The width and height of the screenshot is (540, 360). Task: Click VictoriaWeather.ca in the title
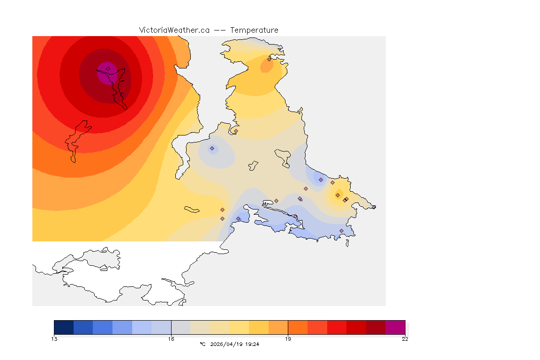(x=174, y=30)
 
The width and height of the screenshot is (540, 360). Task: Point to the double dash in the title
(x=220, y=30)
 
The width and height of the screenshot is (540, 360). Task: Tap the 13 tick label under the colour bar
(x=54, y=339)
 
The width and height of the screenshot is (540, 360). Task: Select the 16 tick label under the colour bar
(x=171, y=339)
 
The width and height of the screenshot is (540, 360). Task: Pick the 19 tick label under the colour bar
(x=288, y=339)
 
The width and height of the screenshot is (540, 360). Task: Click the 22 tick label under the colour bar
(x=405, y=339)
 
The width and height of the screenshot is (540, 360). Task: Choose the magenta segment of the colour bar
(x=395, y=327)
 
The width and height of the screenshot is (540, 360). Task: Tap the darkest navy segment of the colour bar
(x=64, y=327)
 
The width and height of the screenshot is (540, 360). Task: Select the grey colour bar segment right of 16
(x=180, y=327)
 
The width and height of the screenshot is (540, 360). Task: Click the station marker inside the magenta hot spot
(x=108, y=69)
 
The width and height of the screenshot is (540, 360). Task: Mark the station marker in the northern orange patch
(x=269, y=59)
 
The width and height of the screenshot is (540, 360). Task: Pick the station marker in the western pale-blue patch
(x=212, y=149)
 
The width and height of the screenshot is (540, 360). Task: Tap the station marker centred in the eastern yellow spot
(x=337, y=195)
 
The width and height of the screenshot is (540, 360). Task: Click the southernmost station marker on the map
(x=341, y=231)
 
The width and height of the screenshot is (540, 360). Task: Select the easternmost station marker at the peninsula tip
(x=374, y=207)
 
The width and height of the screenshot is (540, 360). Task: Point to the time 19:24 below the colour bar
(x=253, y=344)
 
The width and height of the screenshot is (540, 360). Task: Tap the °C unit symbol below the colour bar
(x=202, y=344)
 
